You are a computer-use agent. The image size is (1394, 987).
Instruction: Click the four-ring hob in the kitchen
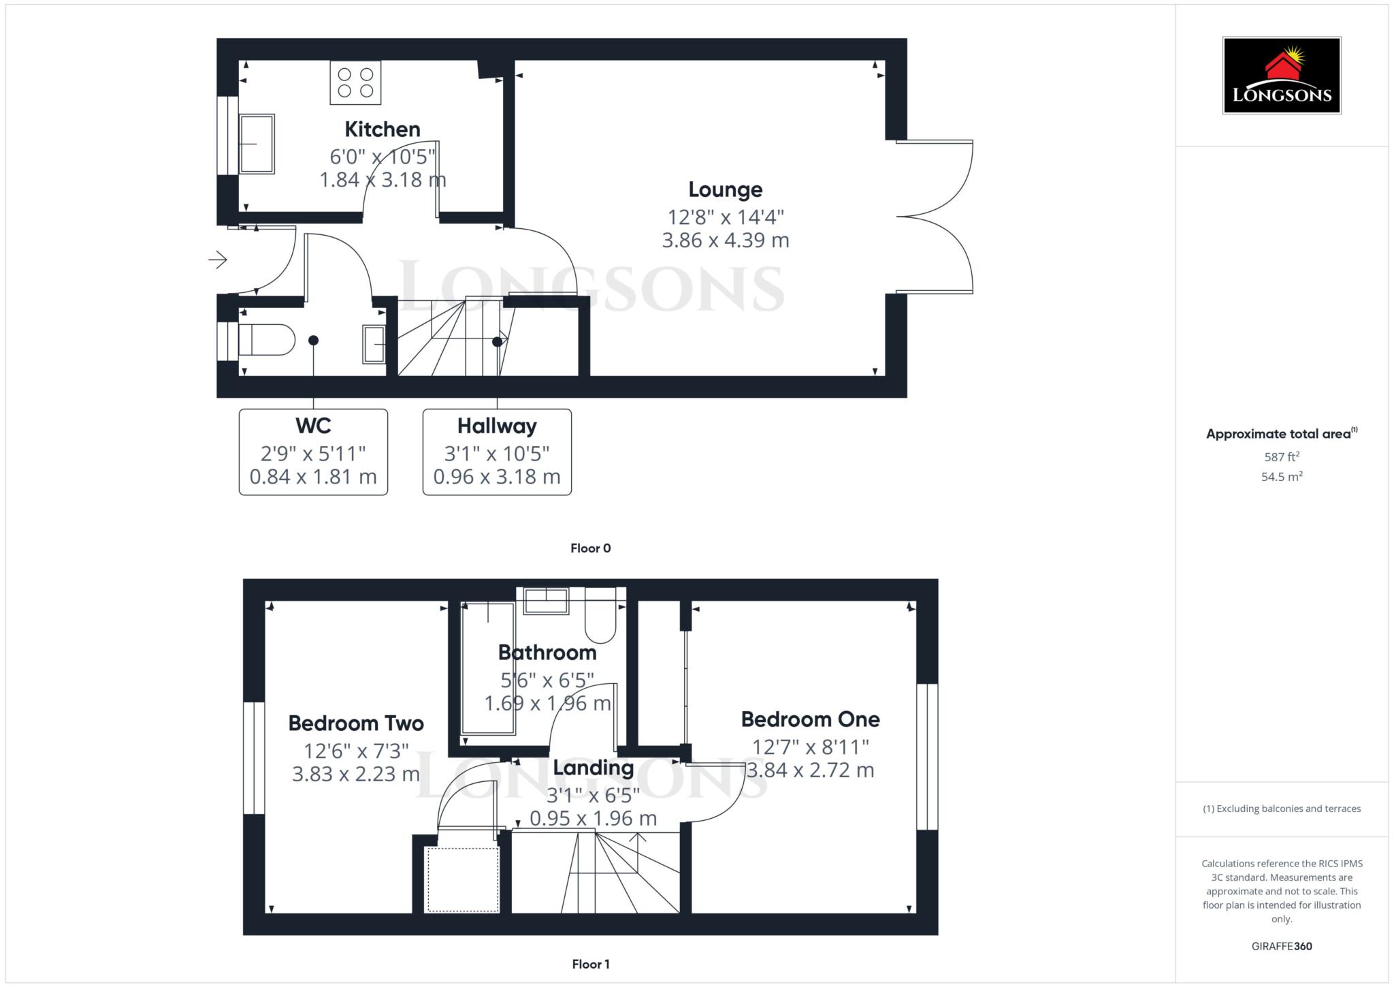(355, 82)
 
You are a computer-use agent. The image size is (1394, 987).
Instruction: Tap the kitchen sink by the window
(257, 144)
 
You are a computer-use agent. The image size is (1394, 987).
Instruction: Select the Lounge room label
(725, 189)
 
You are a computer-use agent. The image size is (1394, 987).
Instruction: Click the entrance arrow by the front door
(218, 260)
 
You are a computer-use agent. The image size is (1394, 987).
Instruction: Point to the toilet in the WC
(267, 339)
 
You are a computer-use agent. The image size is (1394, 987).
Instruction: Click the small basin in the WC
(374, 344)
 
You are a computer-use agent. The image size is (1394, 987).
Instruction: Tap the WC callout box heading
(313, 426)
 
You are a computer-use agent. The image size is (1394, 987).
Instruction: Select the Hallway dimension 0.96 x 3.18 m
(497, 477)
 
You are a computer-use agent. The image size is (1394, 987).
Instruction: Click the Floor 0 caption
(590, 548)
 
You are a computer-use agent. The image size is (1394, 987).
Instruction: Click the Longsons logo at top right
(1281, 75)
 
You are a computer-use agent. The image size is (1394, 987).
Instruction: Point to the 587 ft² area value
(1281, 457)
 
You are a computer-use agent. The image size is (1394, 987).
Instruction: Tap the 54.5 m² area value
(1281, 477)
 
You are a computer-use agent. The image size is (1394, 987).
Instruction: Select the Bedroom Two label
(356, 723)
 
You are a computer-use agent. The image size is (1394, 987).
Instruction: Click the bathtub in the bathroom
(488, 668)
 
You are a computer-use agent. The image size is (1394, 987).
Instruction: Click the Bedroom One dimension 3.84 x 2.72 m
(810, 770)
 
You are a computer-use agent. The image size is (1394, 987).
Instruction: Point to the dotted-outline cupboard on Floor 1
(462, 879)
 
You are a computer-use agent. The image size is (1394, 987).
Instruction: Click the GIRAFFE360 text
(1281, 946)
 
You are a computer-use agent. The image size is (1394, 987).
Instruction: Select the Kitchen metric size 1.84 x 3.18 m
(383, 180)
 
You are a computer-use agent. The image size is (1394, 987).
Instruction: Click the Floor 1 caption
(590, 964)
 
